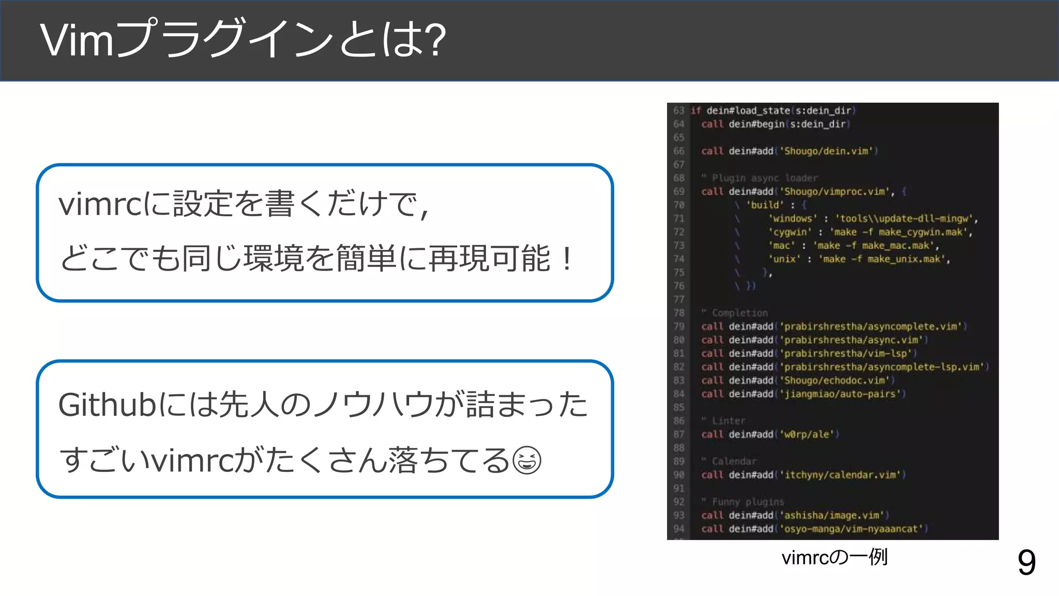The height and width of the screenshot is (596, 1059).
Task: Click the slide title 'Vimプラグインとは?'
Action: coord(242,39)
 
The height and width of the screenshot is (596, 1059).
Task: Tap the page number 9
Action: coord(1026,562)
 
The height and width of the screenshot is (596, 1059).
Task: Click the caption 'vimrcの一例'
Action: coord(834,558)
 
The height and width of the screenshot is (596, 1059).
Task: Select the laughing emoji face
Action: coord(527,460)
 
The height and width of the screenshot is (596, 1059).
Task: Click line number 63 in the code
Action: coord(678,111)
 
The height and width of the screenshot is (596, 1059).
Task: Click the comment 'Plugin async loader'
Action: coord(764,178)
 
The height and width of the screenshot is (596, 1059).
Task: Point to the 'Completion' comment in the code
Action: coord(739,313)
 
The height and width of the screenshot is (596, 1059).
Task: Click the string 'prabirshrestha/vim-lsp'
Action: coord(845,353)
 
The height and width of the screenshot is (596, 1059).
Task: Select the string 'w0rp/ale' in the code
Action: coord(806,435)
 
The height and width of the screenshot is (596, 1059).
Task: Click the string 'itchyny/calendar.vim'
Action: coord(842,475)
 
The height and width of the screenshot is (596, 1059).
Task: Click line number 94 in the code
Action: coord(678,529)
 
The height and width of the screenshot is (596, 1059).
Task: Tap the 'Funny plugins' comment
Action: coord(748,502)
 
